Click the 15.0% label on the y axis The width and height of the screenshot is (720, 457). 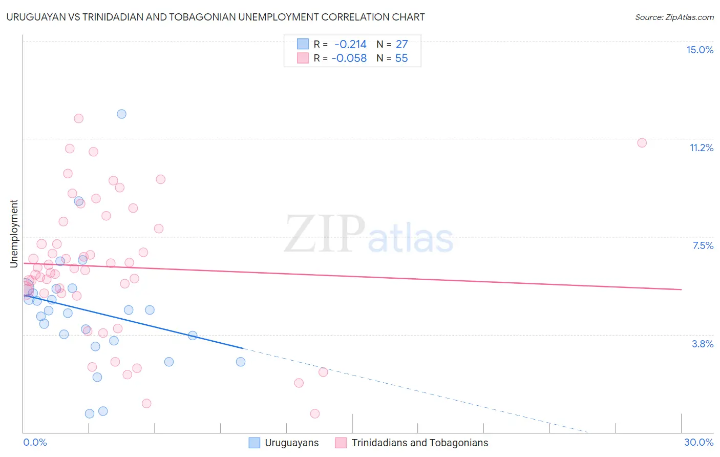tap(700, 50)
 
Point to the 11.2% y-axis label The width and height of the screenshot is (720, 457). tap(701, 148)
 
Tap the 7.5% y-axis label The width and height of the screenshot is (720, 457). tap(703, 245)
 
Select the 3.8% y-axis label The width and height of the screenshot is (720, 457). tap(703, 344)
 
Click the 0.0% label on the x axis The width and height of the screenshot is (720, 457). tap(35, 442)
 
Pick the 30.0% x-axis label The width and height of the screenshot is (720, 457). tap(698, 442)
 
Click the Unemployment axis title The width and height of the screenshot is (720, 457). tap(14, 234)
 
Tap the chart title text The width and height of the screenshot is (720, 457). tap(216, 17)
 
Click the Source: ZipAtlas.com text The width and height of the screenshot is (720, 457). tap(674, 17)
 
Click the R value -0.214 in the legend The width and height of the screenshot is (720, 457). tap(350, 44)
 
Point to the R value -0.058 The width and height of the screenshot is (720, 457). tap(349, 58)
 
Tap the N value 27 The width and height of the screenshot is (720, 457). tap(401, 44)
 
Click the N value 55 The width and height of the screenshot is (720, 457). tap(401, 58)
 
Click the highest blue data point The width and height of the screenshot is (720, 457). tap(121, 114)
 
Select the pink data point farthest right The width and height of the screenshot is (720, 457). tap(642, 143)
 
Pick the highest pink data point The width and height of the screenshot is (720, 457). tap(78, 118)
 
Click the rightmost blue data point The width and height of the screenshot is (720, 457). tap(241, 362)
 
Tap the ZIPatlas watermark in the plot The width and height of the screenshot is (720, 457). tap(369, 235)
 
